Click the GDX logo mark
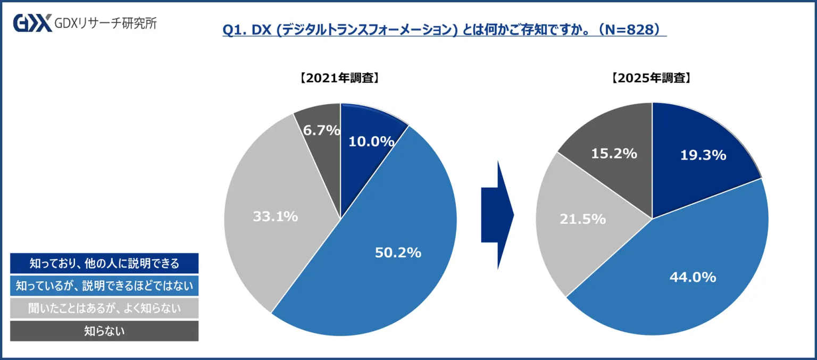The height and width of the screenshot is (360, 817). [32, 23]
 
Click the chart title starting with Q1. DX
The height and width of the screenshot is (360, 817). [444, 30]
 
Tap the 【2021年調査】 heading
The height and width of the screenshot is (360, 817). [340, 78]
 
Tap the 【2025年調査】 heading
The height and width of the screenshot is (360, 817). [652, 78]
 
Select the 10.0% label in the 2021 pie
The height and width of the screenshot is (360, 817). [371, 141]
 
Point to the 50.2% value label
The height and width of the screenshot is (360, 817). [398, 253]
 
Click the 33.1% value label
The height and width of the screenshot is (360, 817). [274, 216]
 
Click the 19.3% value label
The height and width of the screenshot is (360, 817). [703, 155]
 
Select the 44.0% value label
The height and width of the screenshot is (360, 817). [693, 277]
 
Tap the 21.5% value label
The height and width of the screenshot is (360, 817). [582, 219]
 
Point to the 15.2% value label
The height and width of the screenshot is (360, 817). [614, 153]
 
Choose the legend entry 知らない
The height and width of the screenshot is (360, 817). [104, 331]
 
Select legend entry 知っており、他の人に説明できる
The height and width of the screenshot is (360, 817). [104, 263]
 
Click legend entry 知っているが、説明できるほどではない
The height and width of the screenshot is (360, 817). [104, 286]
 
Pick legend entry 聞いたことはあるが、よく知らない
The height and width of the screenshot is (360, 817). [104, 308]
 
